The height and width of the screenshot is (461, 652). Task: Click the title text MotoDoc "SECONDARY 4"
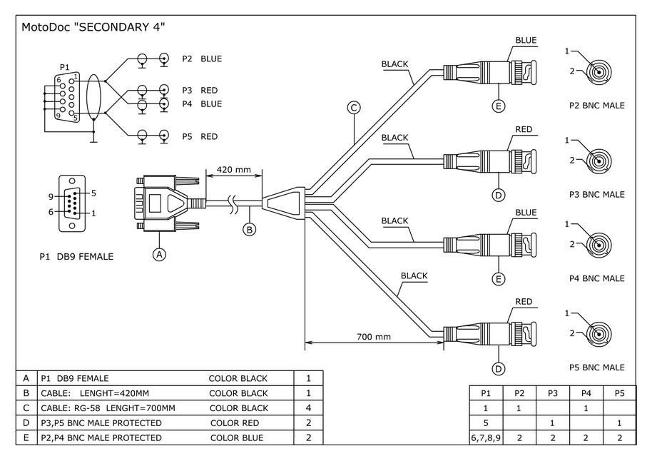[93, 28]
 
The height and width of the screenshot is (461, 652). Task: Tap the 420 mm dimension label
[234, 170]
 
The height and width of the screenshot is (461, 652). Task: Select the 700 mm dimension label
[374, 336]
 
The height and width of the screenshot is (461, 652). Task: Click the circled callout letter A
[160, 253]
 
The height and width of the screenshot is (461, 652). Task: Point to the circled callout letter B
[249, 229]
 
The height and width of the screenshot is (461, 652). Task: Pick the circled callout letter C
[353, 108]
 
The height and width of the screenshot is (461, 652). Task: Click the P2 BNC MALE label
[596, 106]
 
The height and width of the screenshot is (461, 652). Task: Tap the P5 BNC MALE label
[596, 368]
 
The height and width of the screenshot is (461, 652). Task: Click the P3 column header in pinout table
[552, 393]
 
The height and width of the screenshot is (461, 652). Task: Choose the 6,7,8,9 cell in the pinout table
[485, 437]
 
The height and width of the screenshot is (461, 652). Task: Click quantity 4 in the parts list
[308, 408]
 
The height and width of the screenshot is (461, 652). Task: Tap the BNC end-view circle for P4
[600, 245]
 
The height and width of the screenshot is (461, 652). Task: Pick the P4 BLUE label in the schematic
[201, 104]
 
